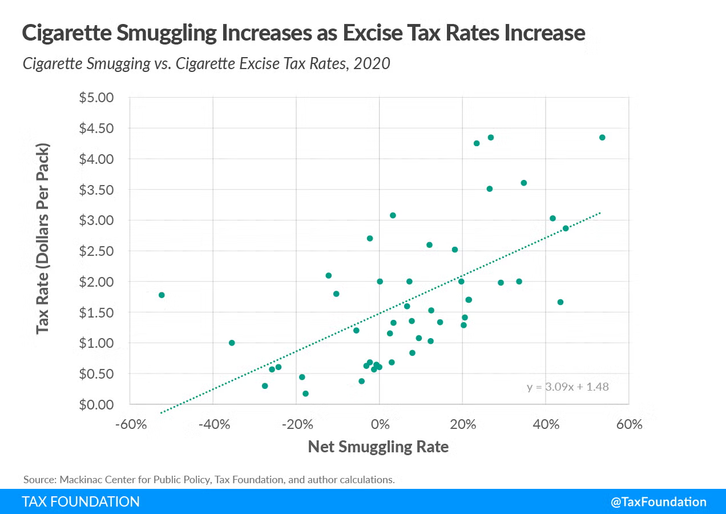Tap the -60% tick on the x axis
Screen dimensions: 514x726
130,424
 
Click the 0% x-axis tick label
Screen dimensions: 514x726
380,424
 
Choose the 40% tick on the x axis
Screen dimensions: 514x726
546,424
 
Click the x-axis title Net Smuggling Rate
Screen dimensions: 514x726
378,447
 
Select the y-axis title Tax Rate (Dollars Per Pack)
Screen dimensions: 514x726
43,238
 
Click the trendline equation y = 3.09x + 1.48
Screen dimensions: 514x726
567,387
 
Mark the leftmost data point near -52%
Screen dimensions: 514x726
162,295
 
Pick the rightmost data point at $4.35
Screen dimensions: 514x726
602,138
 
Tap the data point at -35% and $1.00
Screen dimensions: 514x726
232,343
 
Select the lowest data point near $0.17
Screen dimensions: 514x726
305,393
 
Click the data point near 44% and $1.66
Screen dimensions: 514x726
560,302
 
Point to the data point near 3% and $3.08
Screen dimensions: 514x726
393,215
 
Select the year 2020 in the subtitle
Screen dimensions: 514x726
372,63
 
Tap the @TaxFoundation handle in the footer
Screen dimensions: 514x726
658,502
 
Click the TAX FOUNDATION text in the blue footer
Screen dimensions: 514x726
80,502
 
